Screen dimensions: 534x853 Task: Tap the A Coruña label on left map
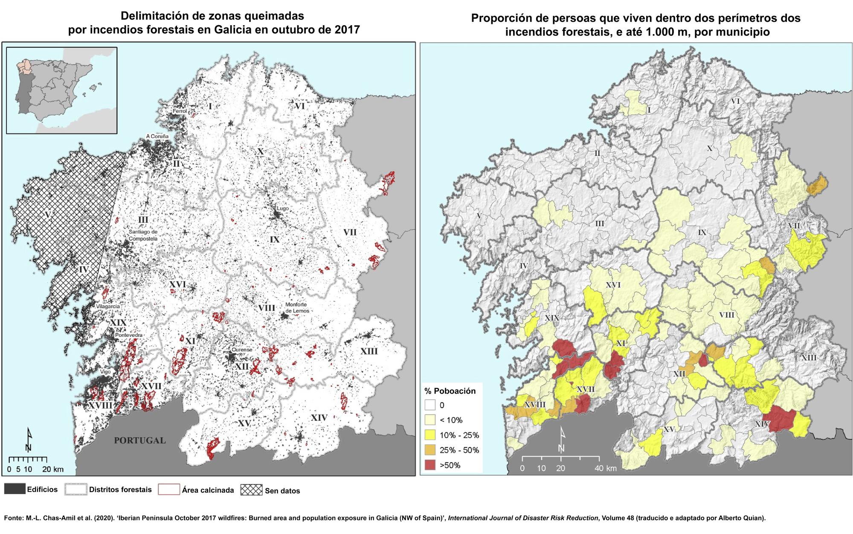pyautogui.click(x=157, y=136)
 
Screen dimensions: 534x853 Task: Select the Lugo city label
pyautogui.click(x=283, y=208)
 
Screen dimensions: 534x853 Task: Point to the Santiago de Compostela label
pyautogui.click(x=143, y=235)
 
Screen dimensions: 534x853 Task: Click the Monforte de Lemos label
pyautogui.click(x=297, y=308)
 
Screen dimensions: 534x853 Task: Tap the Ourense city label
pyautogui.click(x=241, y=350)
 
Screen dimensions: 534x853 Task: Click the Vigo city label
pyautogui.click(x=105, y=372)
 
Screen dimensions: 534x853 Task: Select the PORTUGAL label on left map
pyautogui.click(x=139, y=441)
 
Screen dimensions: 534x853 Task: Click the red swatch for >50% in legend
pyautogui.click(x=430, y=465)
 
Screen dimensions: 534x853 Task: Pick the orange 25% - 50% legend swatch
pyautogui.click(x=430, y=450)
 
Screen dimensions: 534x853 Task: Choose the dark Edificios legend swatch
pyautogui.click(x=15, y=489)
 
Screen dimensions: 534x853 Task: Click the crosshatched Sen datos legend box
pyautogui.click(x=251, y=490)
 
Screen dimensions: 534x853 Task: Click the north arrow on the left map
pyautogui.click(x=29, y=440)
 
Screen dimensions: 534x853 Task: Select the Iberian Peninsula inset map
pyautogui.click(x=62, y=90)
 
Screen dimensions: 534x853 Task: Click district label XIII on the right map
pyautogui.click(x=808, y=358)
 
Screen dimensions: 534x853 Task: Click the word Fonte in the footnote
pyautogui.click(x=12, y=518)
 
